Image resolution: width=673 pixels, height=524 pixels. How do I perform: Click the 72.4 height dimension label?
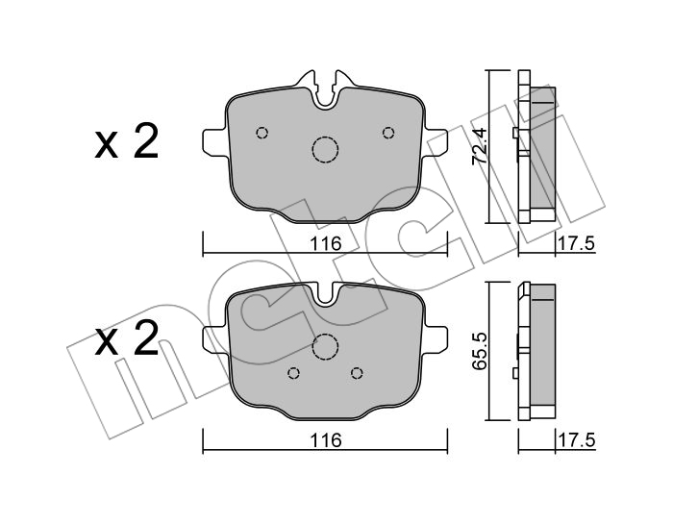(x=479, y=146)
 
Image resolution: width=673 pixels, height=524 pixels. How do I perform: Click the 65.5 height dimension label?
(x=479, y=350)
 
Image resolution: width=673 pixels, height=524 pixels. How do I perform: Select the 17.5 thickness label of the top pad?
(x=576, y=244)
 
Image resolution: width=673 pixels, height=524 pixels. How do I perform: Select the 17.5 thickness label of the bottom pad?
(x=576, y=440)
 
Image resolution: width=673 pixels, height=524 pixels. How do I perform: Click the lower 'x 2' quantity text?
(x=126, y=339)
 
